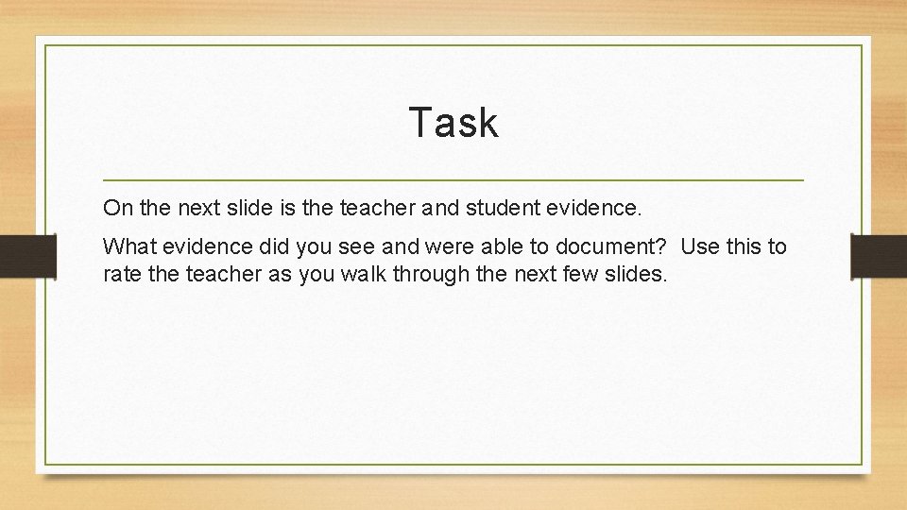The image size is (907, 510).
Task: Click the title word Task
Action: tap(453, 123)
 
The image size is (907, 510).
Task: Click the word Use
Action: tap(700, 247)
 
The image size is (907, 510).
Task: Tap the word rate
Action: tap(121, 275)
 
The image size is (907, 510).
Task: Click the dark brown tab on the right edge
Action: tap(879, 256)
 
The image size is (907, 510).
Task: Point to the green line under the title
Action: tap(453, 179)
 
